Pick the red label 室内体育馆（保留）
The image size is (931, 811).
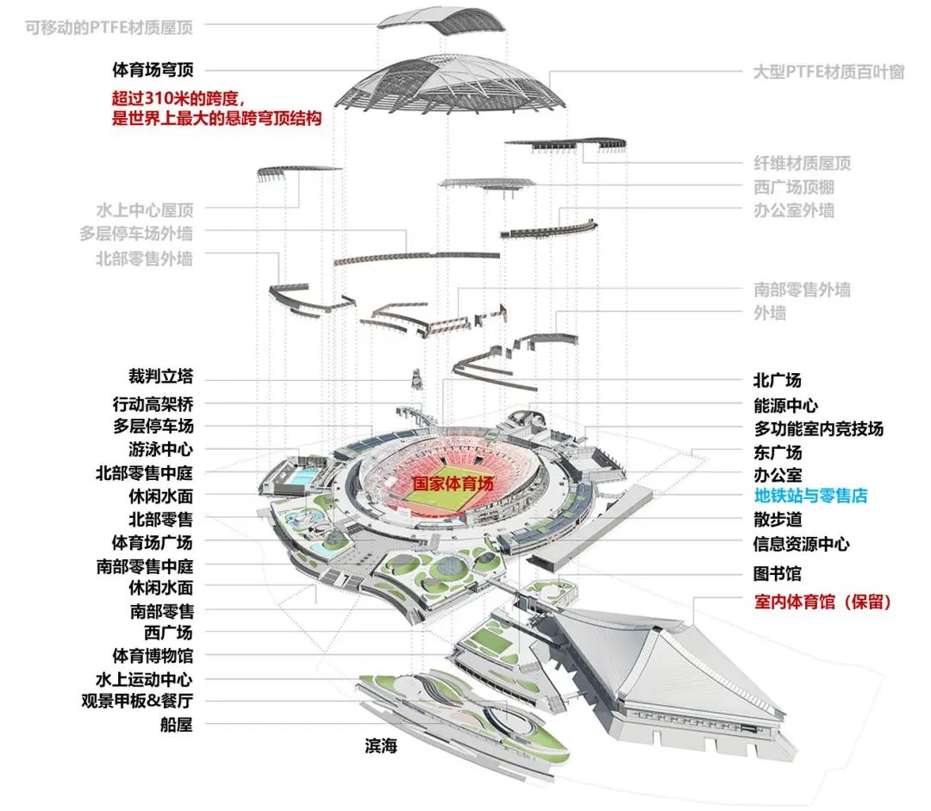click(x=822, y=602)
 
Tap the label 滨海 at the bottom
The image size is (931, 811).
click(x=380, y=746)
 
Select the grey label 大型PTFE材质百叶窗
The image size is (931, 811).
click(x=828, y=72)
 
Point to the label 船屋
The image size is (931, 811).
click(x=177, y=725)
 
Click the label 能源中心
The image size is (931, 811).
click(x=785, y=405)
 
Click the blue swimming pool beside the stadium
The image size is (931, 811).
click(x=302, y=477)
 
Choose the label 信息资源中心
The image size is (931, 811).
click(x=801, y=544)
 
